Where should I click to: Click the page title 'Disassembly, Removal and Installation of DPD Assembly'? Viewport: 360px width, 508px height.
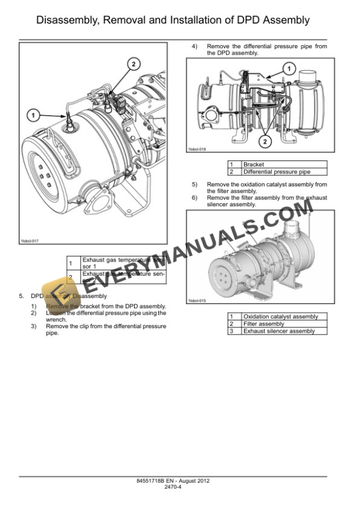click(173, 21)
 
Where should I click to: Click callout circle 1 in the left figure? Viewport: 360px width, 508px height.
click(34, 113)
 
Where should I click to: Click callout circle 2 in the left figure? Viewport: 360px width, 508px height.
click(134, 63)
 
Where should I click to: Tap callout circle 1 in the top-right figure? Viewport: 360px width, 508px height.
click(288, 69)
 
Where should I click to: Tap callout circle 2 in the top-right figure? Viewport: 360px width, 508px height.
click(266, 141)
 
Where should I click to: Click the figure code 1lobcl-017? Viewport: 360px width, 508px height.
click(29, 241)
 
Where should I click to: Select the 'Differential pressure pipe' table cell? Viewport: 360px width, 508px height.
click(276, 172)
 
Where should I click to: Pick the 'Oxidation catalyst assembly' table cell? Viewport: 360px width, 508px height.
click(280, 316)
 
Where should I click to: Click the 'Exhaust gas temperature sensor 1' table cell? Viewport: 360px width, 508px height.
click(124, 262)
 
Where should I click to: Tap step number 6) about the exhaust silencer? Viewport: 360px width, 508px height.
click(195, 198)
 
